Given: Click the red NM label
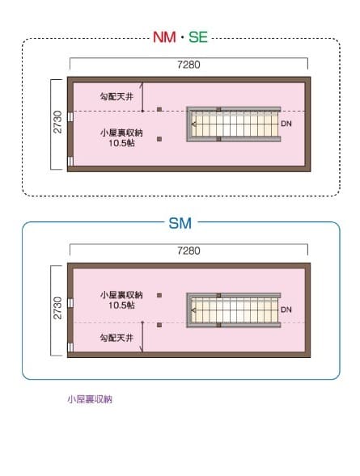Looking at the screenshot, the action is pos(164,37).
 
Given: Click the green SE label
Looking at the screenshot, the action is pos(198,37).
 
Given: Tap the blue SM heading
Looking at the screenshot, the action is pos(180,223).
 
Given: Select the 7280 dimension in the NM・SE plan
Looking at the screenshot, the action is pos(188,65).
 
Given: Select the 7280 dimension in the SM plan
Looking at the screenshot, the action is pos(188,251).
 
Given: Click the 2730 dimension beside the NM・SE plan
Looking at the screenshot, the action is pos(57,122).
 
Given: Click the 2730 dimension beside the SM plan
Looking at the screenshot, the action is pos(57,308).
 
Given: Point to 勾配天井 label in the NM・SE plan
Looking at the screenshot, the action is pos(116,97).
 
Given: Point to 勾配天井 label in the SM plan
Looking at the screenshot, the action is pos(116,338).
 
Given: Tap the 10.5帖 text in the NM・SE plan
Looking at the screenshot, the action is pos(121,143).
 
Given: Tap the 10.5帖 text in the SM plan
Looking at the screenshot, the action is pos(121,305).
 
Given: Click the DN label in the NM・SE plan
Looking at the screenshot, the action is pos(286,124).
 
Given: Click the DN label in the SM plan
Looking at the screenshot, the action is pos(286,310).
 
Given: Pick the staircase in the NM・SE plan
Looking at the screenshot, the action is pos(234,124).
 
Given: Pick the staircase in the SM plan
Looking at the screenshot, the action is pos(234,310).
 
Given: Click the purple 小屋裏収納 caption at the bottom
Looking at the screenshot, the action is pos(90,399).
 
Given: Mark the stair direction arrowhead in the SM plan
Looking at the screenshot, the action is pos(193,310).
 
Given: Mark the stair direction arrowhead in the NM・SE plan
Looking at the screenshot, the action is pos(193,124).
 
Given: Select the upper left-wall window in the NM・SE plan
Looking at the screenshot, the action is pos(70,116).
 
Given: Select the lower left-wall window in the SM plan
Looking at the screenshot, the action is pos(70,348).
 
